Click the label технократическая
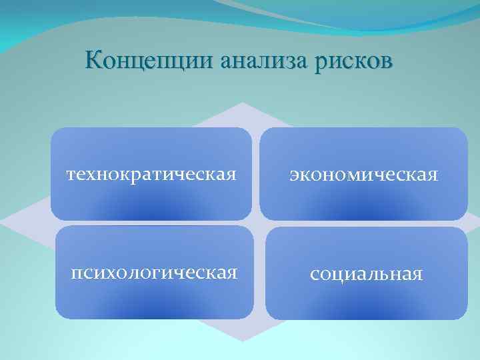click(151, 175)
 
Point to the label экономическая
click(363, 175)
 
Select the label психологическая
click(155, 273)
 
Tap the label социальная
click(366, 274)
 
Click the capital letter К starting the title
click(94, 60)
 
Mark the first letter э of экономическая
click(292, 176)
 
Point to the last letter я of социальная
click(418, 275)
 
